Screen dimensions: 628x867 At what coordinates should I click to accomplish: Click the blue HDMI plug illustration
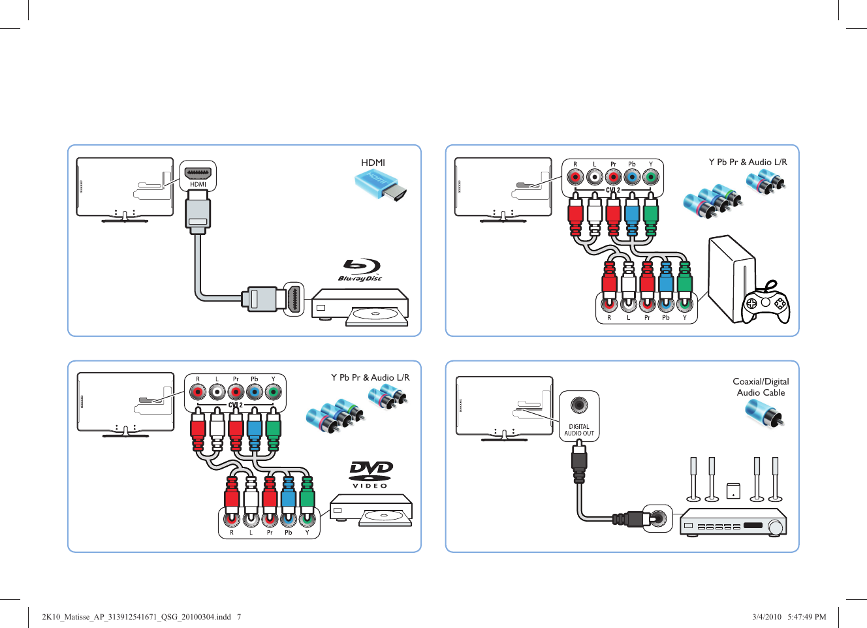381,184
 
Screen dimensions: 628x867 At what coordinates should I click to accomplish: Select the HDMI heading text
373,163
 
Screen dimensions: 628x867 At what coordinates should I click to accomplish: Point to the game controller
765,302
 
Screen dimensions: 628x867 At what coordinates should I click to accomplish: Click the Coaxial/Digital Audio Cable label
761,387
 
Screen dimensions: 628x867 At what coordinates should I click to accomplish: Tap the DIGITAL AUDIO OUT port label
579,430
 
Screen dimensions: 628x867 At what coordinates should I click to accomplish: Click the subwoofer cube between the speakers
733,491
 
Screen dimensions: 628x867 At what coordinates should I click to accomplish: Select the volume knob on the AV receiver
776,526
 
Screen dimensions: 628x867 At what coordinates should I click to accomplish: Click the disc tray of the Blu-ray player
375,315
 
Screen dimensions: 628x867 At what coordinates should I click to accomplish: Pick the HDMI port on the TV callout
198,174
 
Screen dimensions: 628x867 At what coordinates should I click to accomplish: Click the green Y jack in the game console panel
650,177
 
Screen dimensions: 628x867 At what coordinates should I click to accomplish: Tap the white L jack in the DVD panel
217,392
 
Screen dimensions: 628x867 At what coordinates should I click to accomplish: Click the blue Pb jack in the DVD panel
255,392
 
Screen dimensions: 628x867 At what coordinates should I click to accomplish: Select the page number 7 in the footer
239,616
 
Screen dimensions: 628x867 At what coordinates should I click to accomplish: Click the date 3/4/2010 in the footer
766,616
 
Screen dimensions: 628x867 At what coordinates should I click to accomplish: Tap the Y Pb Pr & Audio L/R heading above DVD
370,377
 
